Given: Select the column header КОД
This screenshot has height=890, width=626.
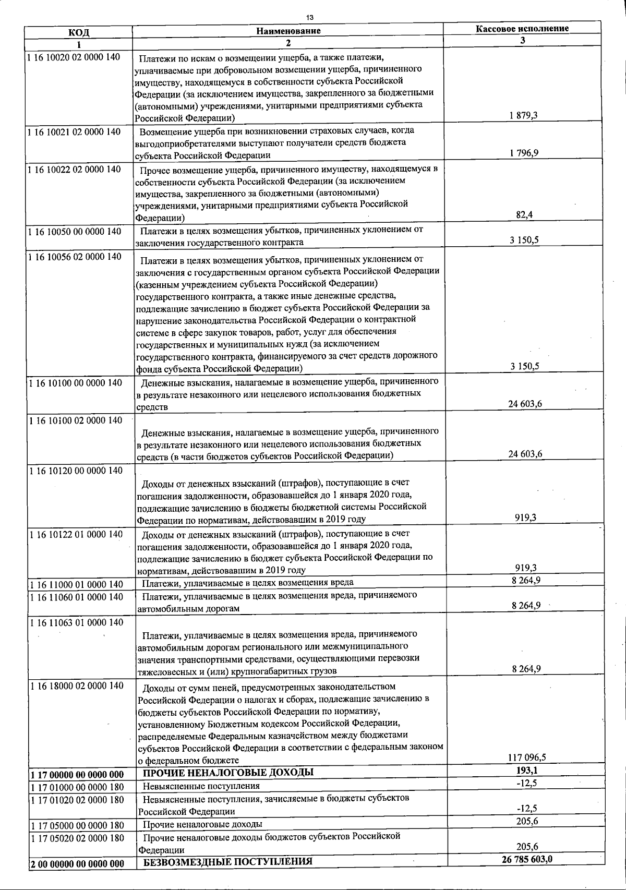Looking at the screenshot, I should pyautogui.click(x=79, y=31).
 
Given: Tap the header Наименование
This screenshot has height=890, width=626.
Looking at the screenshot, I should pyautogui.click(x=288, y=31).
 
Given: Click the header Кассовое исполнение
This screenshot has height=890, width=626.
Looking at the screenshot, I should pyautogui.click(x=522, y=29).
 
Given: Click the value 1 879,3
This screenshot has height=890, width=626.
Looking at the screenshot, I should pyautogui.click(x=523, y=115).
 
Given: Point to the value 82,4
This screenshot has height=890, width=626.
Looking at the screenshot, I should pyautogui.click(x=524, y=214).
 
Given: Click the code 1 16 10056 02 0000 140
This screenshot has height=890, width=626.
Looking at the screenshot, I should pyautogui.click(x=75, y=257).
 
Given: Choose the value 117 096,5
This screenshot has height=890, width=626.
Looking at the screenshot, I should pyautogui.click(x=526, y=757).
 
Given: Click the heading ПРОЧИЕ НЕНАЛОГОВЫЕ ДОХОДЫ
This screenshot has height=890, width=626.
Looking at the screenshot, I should pyautogui.click(x=228, y=773).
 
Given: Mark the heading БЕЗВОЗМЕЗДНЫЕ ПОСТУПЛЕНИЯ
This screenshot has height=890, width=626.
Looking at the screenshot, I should pyautogui.click(x=227, y=861).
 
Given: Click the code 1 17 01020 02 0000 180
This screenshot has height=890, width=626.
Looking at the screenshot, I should pyautogui.click(x=77, y=800).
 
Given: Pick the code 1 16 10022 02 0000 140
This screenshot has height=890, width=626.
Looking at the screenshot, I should pyautogui.click(x=75, y=170).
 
